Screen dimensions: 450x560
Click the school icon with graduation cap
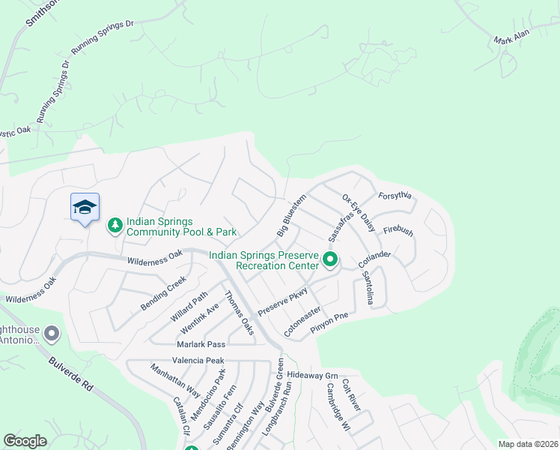85,207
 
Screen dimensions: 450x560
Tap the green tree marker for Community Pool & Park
115,225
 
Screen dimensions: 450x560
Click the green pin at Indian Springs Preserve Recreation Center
330,260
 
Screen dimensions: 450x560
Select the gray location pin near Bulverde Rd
51,332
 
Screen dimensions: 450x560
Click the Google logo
25,441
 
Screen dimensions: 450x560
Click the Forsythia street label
395,196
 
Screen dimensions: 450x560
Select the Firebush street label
398,232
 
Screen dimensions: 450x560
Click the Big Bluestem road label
291,217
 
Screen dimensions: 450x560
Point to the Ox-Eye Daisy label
358,213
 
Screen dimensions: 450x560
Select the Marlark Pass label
201,344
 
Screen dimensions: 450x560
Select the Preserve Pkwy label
282,300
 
